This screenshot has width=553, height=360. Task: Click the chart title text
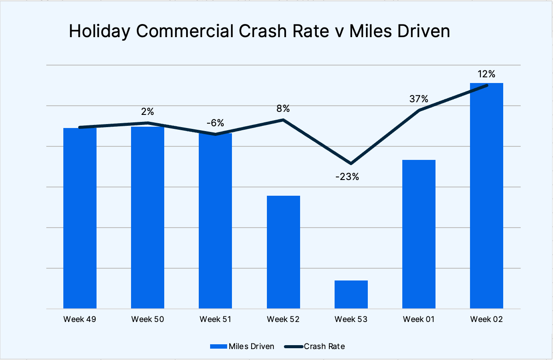tap(259, 32)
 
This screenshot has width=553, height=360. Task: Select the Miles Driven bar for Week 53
tap(351, 294)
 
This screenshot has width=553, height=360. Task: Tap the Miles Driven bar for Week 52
tap(283, 252)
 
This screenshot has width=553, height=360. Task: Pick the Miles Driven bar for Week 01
tap(419, 234)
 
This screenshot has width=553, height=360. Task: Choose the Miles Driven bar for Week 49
tap(80, 218)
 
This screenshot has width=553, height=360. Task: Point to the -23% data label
tap(347, 177)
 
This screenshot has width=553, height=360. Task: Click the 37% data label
tap(418, 99)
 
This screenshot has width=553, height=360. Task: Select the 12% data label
tap(487, 74)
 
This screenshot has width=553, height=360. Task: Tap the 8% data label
tap(283, 109)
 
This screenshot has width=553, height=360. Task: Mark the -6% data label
tap(215, 123)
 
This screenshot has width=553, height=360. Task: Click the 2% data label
tap(147, 112)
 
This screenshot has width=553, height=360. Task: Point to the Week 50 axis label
tap(148, 319)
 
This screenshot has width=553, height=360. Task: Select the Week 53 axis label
tap(351, 319)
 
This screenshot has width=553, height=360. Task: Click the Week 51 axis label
tap(215, 319)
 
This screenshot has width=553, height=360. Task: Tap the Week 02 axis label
tap(487, 319)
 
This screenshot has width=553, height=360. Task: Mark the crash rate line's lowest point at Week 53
tap(351, 163)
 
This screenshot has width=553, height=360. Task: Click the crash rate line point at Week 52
tap(283, 120)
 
